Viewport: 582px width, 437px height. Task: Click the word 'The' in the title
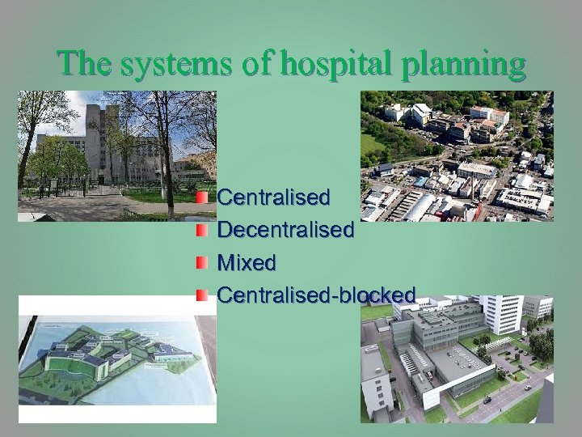82,63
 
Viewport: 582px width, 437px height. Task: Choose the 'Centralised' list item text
273,197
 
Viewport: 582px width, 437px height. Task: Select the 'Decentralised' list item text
285,230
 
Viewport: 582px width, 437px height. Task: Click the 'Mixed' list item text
247,263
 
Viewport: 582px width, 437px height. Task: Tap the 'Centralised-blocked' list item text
316,295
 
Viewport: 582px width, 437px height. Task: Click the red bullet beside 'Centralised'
202,197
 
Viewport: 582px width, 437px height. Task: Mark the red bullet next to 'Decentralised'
202,230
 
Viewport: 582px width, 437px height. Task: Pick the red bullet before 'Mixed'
202,263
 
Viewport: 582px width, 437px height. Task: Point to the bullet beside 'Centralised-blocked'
202,295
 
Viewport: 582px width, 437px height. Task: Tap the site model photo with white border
117,359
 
